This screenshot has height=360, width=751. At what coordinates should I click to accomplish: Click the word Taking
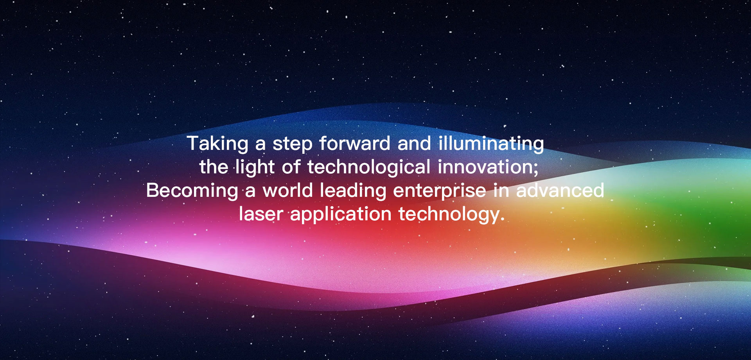(217, 144)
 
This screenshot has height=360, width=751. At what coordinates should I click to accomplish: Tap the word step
(293, 144)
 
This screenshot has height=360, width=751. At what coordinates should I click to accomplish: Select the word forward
(355, 143)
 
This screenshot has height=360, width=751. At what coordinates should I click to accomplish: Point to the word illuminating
(491, 144)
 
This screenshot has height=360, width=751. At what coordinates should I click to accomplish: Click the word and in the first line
(415, 143)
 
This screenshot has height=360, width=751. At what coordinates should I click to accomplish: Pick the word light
(255, 167)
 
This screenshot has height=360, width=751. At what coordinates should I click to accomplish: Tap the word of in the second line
(291, 167)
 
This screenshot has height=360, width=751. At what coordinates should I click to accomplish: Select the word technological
(369, 167)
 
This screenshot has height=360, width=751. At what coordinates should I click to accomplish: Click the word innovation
(485, 167)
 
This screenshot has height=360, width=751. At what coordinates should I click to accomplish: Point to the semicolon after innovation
(535, 169)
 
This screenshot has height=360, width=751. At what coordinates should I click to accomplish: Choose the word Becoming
(192, 191)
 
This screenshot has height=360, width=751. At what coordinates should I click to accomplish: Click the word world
(287, 190)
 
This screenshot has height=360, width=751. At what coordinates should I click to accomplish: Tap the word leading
(353, 191)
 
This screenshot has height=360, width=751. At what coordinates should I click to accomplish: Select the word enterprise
(440, 191)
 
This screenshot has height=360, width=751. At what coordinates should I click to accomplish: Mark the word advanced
(560, 190)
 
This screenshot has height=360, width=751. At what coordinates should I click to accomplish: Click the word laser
(261, 214)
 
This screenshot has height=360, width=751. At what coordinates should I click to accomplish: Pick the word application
(341, 214)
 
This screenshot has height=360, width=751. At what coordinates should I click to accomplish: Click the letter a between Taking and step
(261, 146)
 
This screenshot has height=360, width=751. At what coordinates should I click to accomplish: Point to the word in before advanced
(501, 190)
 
